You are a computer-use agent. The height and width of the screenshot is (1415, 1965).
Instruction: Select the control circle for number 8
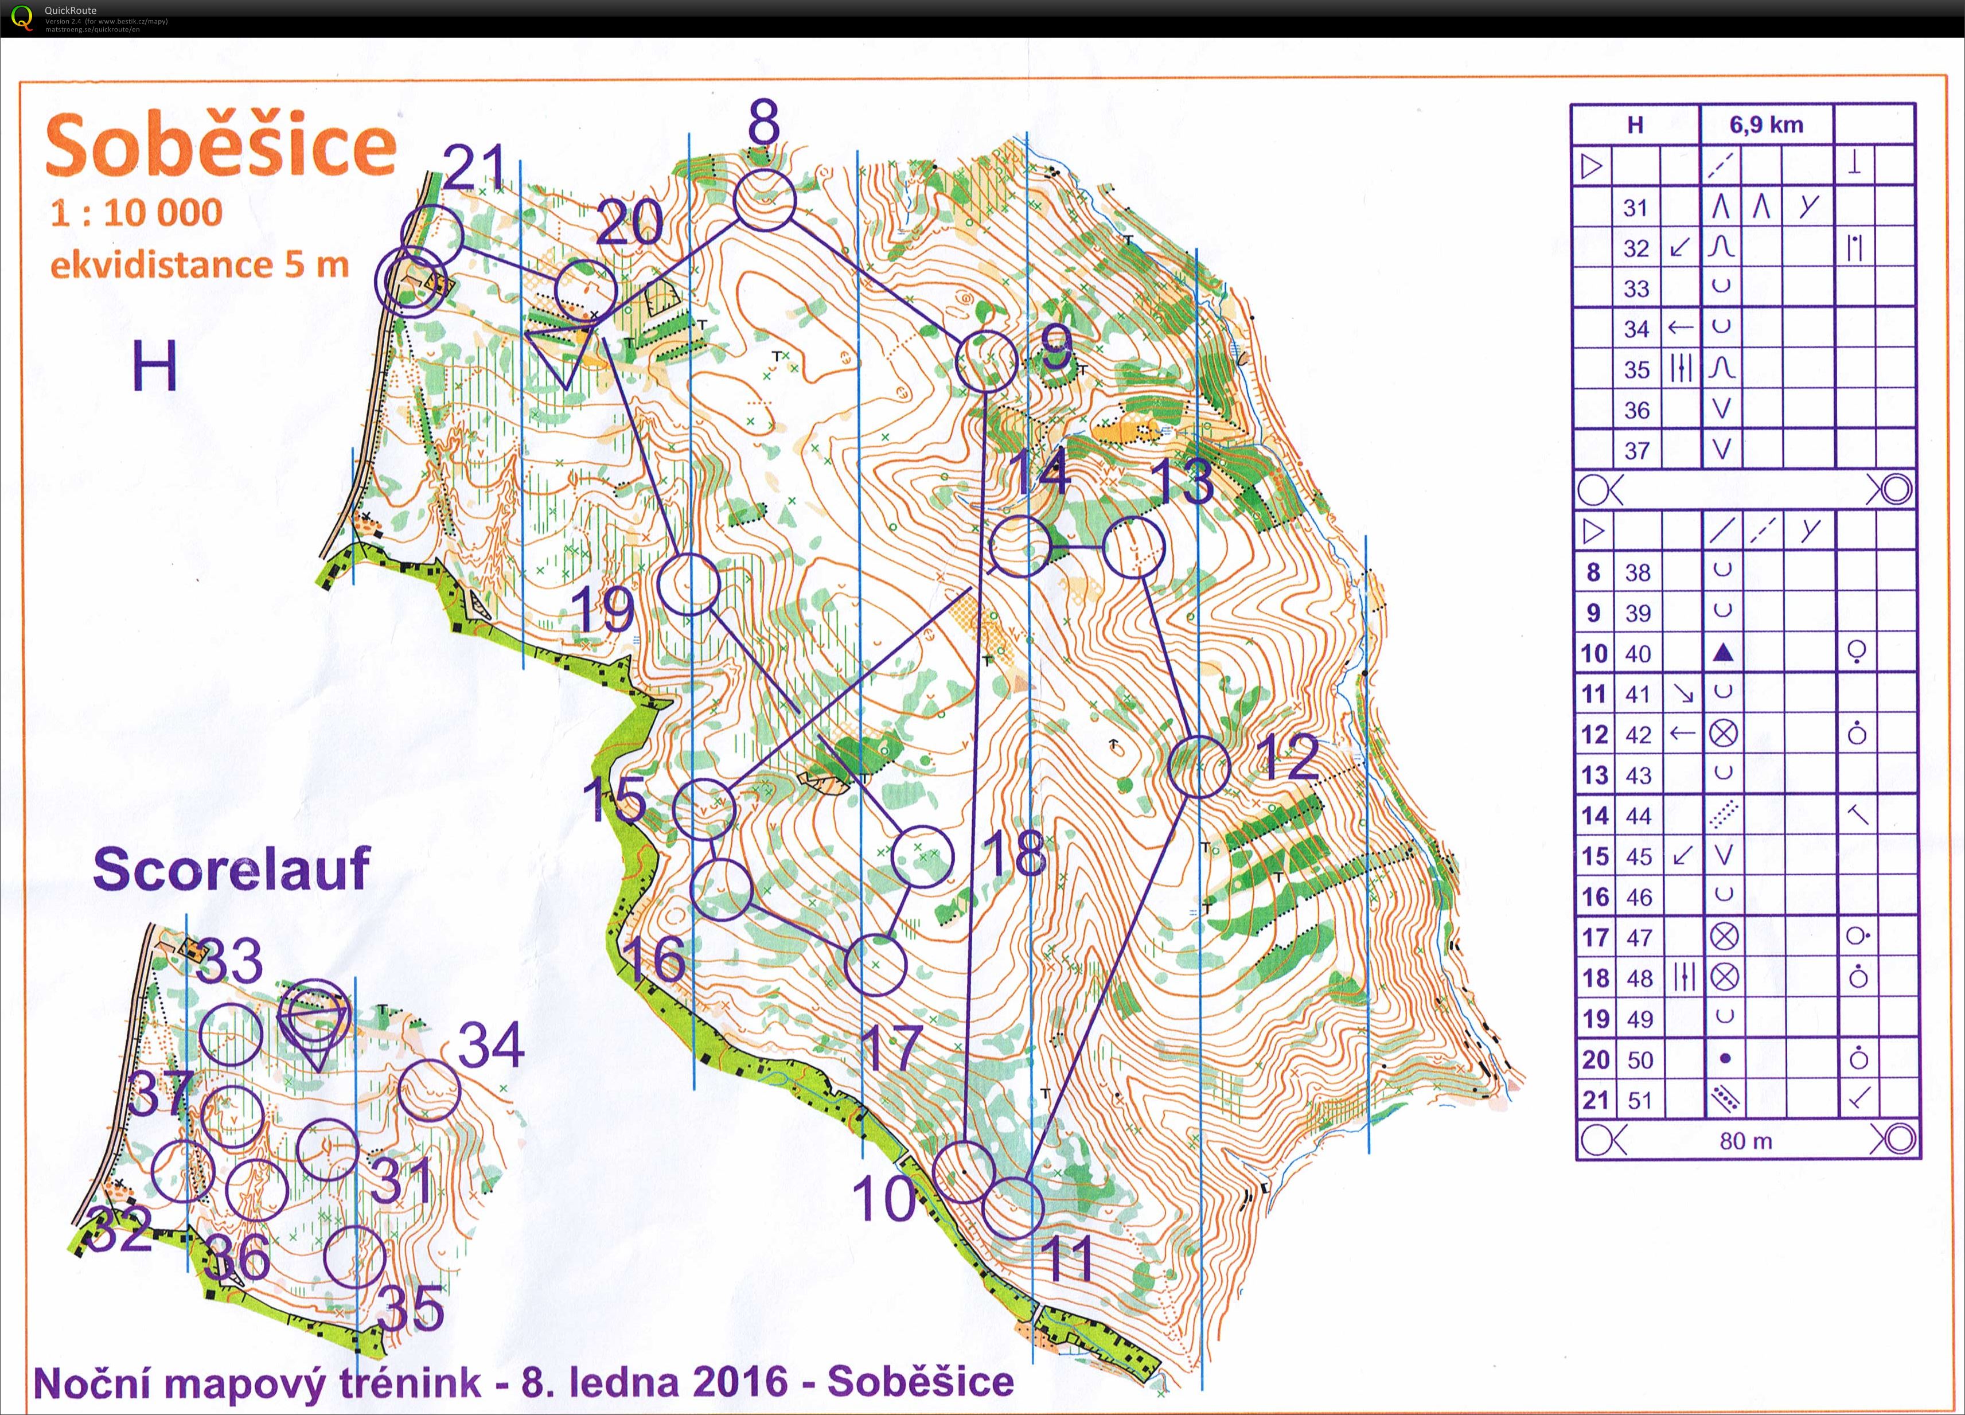coord(763,200)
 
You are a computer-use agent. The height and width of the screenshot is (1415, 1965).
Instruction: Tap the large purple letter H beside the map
coord(155,366)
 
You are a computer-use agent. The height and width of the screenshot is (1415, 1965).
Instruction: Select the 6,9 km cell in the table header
coord(1766,125)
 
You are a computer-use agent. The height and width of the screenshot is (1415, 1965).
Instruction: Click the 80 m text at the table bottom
coord(1745,1141)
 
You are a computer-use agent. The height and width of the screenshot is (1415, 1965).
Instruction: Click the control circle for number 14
coord(1020,546)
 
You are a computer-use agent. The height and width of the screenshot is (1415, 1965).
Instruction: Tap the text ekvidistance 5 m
coord(199,265)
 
